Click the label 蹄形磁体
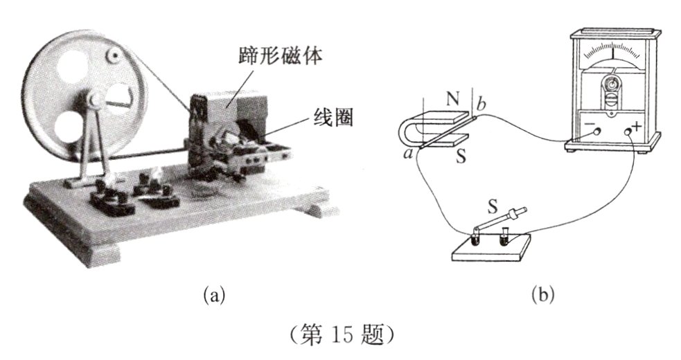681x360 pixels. [280, 56]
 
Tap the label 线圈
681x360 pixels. [333, 117]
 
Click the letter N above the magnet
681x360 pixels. [453, 100]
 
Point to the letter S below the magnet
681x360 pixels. [461, 156]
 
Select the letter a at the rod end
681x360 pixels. [408, 153]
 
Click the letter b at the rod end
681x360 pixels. [481, 105]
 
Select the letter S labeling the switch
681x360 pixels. [492, 207]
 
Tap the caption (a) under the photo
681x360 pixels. [215, 296]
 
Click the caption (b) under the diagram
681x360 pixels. [543, 296]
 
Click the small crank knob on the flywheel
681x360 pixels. [114, 55]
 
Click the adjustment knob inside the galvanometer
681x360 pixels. [612, 83]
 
